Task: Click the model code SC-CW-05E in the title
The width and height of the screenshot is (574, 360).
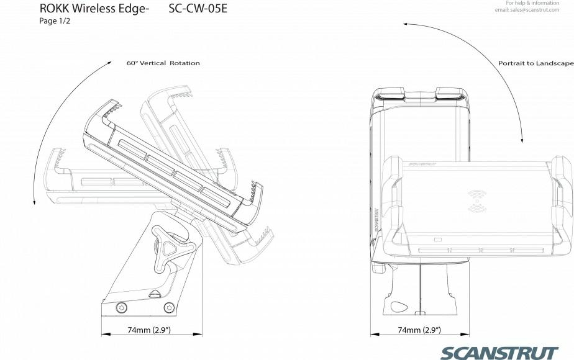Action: click(198, 9)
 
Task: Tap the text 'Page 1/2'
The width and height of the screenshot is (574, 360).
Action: click(55, 21)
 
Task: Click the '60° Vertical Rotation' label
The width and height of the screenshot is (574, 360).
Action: click(163, 63)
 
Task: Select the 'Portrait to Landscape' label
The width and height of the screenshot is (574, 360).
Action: click(536, 63)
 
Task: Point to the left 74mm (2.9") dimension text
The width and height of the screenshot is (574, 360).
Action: click(149, 330)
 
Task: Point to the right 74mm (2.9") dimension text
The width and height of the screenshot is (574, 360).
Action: click(419, 330)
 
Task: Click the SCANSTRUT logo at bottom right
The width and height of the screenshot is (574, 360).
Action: click(499, 353)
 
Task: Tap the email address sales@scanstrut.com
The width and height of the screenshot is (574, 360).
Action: click(527, 10)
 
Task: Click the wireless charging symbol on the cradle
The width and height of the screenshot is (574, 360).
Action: click(477, 201)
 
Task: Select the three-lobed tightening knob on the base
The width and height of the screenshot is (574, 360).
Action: click(169, 249)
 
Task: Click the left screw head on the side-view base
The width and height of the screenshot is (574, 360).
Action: click(122, 307)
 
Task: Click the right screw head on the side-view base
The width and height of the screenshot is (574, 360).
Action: click(169, 307)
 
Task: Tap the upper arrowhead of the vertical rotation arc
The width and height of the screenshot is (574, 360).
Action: click(109, 63)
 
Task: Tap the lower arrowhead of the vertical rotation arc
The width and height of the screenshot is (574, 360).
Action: click(34, 202)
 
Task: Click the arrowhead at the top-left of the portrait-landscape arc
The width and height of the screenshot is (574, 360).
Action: click(406, 24)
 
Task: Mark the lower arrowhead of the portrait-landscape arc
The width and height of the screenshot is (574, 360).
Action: click(522, 140)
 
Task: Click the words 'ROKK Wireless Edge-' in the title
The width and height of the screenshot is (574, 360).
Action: click(94, 9)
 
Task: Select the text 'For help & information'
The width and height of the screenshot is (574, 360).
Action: click(532, 3)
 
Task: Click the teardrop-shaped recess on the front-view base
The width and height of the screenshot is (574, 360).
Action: click(399, 306)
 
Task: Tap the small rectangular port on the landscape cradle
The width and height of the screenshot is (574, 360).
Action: click(438, 240)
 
